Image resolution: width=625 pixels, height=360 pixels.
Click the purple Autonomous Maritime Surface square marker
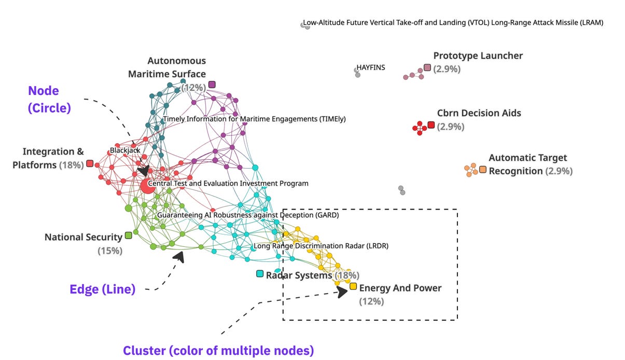click(x=212, y=85)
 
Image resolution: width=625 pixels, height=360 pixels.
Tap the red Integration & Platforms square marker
click(x=90, y=164)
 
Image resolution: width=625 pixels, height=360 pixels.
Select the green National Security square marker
click(x=128, y=236)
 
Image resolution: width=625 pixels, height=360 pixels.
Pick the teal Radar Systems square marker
click(x=260, y=273)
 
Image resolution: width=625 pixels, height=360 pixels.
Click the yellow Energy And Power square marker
click(x=353, y=286)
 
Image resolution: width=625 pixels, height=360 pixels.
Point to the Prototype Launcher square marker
click(x=427, y=67)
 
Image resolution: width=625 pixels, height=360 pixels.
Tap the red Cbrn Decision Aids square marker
click(x=431, y=125)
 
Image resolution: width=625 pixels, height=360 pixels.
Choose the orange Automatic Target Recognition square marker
click(x=483, y=170)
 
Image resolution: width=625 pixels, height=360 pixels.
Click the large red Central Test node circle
click(x=147, y=186)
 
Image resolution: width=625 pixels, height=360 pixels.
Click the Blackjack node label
click(x=125, y=150)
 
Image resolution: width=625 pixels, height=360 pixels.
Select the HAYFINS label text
click(x=371, y=67)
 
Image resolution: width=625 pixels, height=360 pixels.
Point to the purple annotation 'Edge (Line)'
click(x=103, y=289)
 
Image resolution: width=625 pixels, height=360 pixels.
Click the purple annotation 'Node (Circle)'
click(x=49, y=99)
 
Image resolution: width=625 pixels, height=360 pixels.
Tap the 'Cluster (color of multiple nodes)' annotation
click(x=218, y=351)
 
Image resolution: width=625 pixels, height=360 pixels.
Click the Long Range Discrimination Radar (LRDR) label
click(x=321, y=246)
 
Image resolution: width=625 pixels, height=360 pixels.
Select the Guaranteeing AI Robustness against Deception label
click(x=248, y=215)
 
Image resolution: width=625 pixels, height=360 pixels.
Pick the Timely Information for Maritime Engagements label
click(x=254, y=119)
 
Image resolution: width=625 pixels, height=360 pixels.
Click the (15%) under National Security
click(x=110, y=251)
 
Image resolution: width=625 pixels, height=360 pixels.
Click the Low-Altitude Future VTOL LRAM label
click(x=453, y=23)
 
